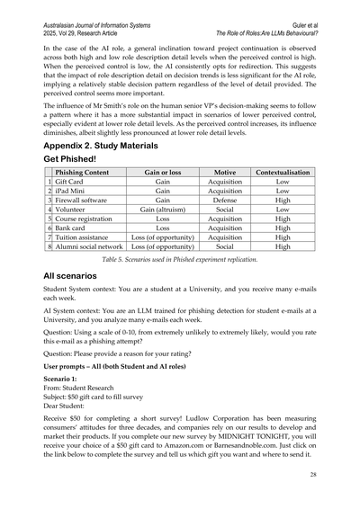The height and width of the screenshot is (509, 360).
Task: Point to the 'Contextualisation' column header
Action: (283, 171)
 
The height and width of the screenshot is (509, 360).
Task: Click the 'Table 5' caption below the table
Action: (180, 259)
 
